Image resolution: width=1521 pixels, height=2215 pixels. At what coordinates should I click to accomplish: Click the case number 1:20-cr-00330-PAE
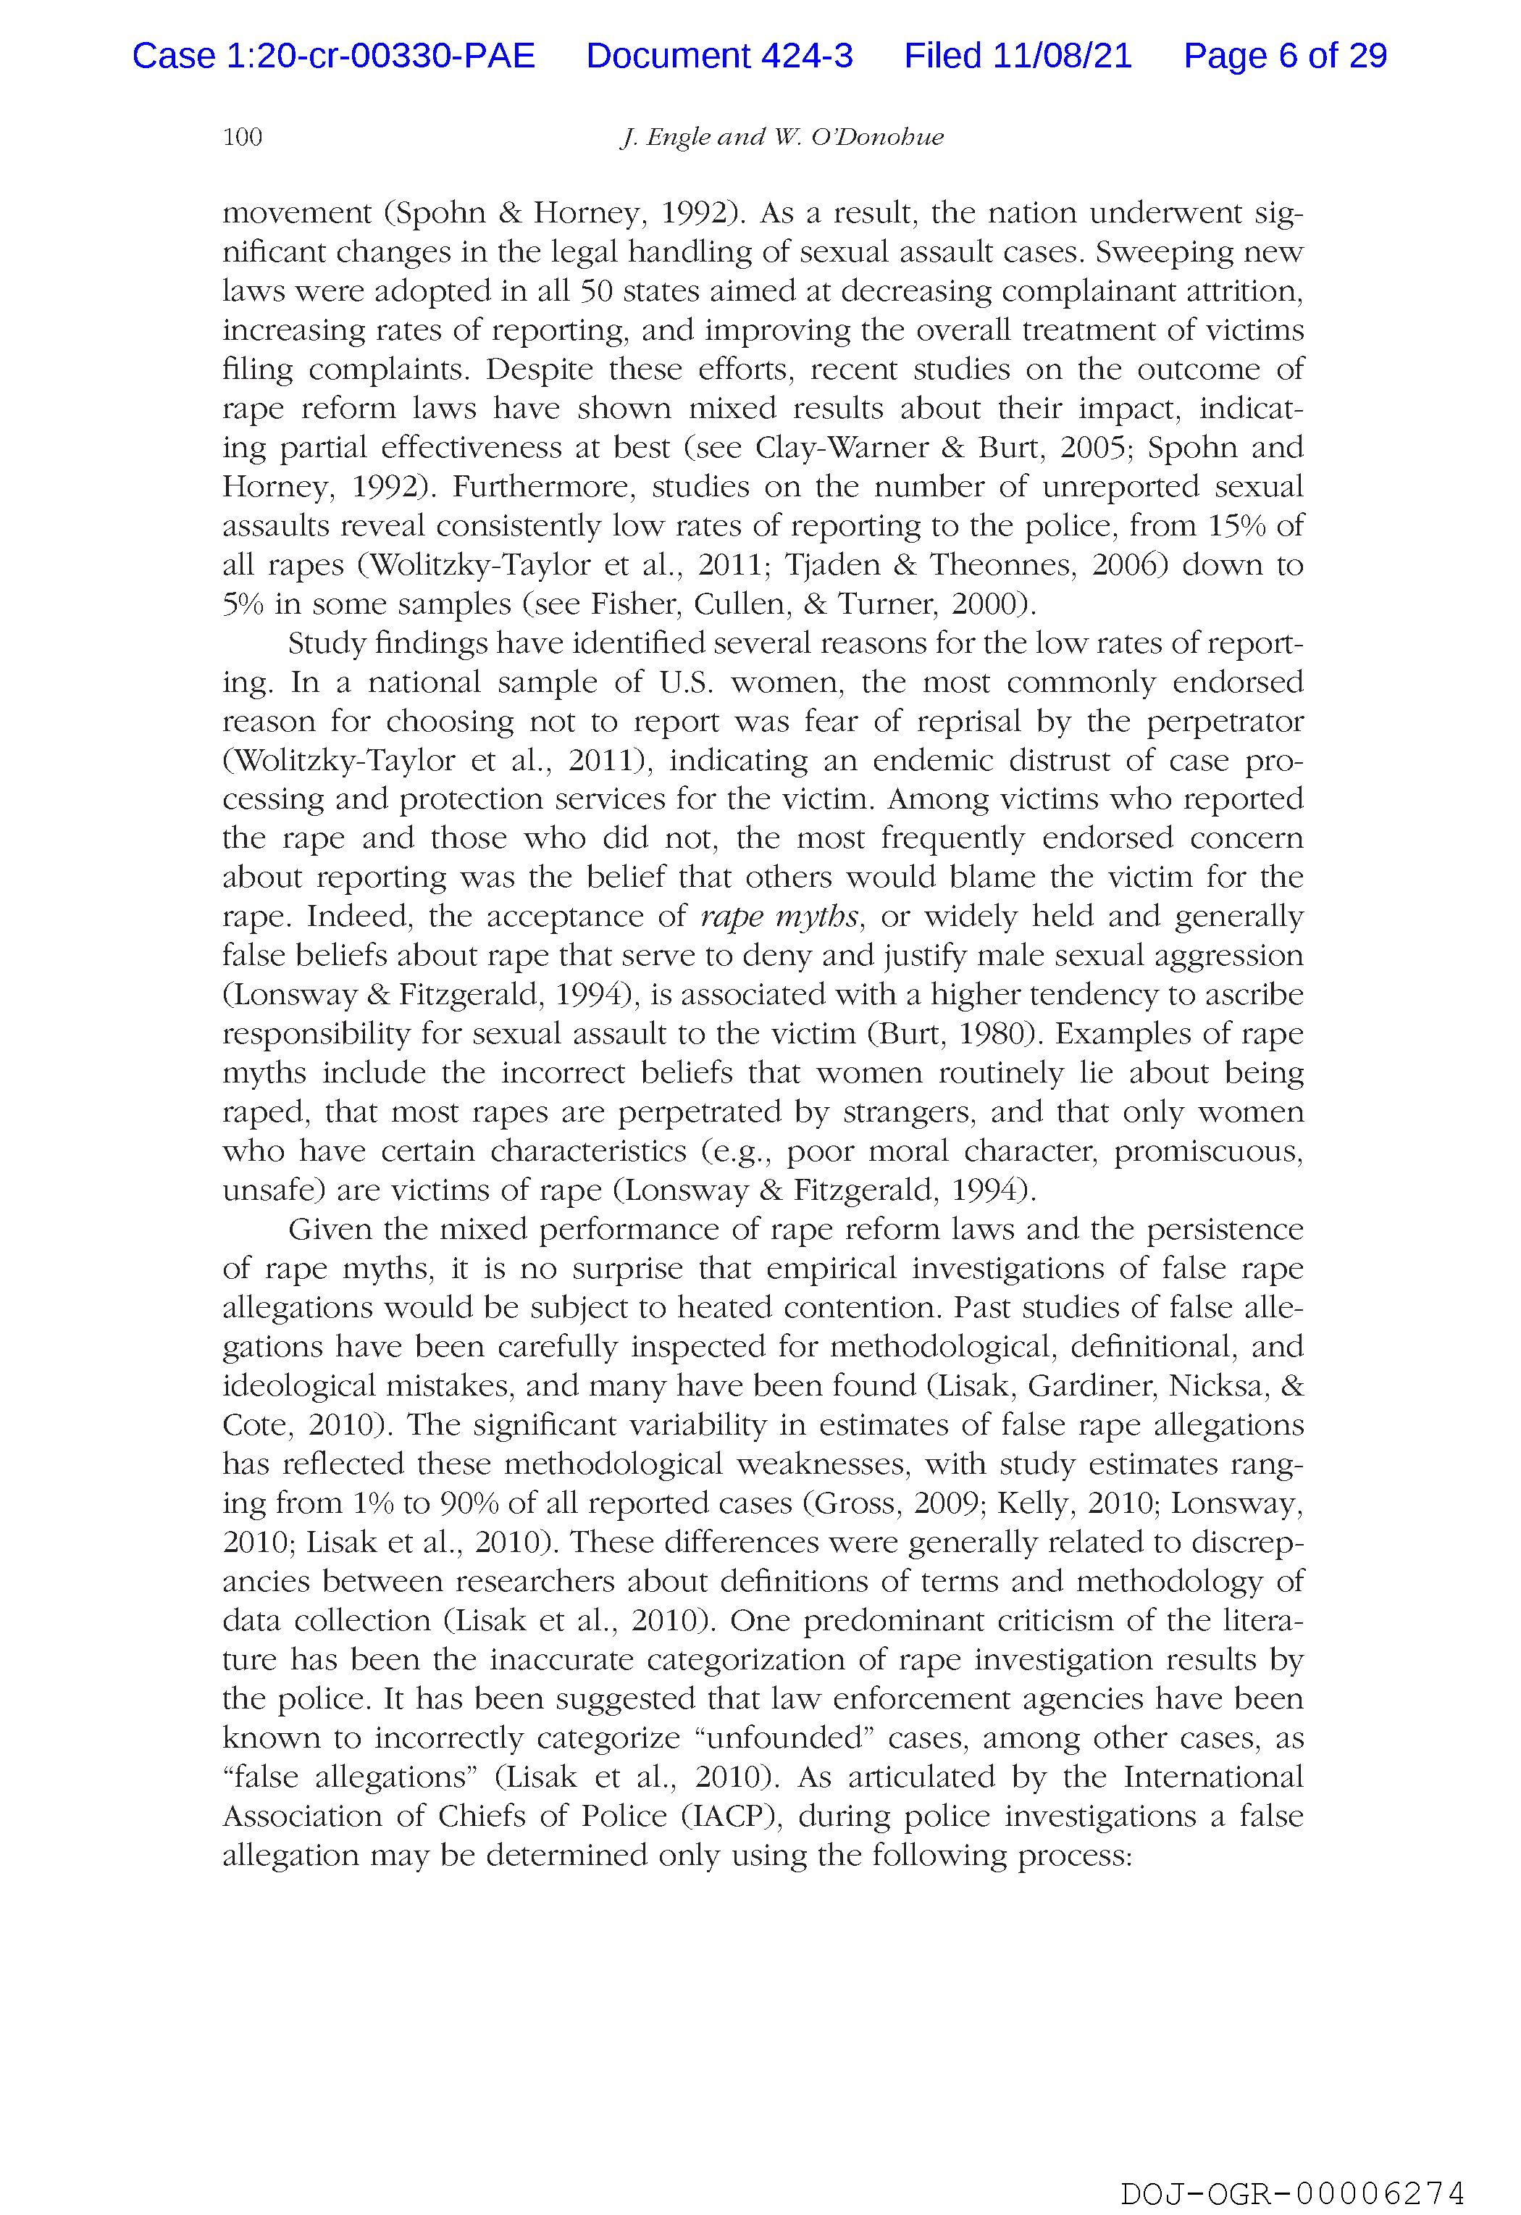click(334, 57)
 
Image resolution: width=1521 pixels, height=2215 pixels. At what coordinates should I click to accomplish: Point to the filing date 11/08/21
click(1063, 57)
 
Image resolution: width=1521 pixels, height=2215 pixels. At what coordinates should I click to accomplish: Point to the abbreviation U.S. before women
click(685, 683)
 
